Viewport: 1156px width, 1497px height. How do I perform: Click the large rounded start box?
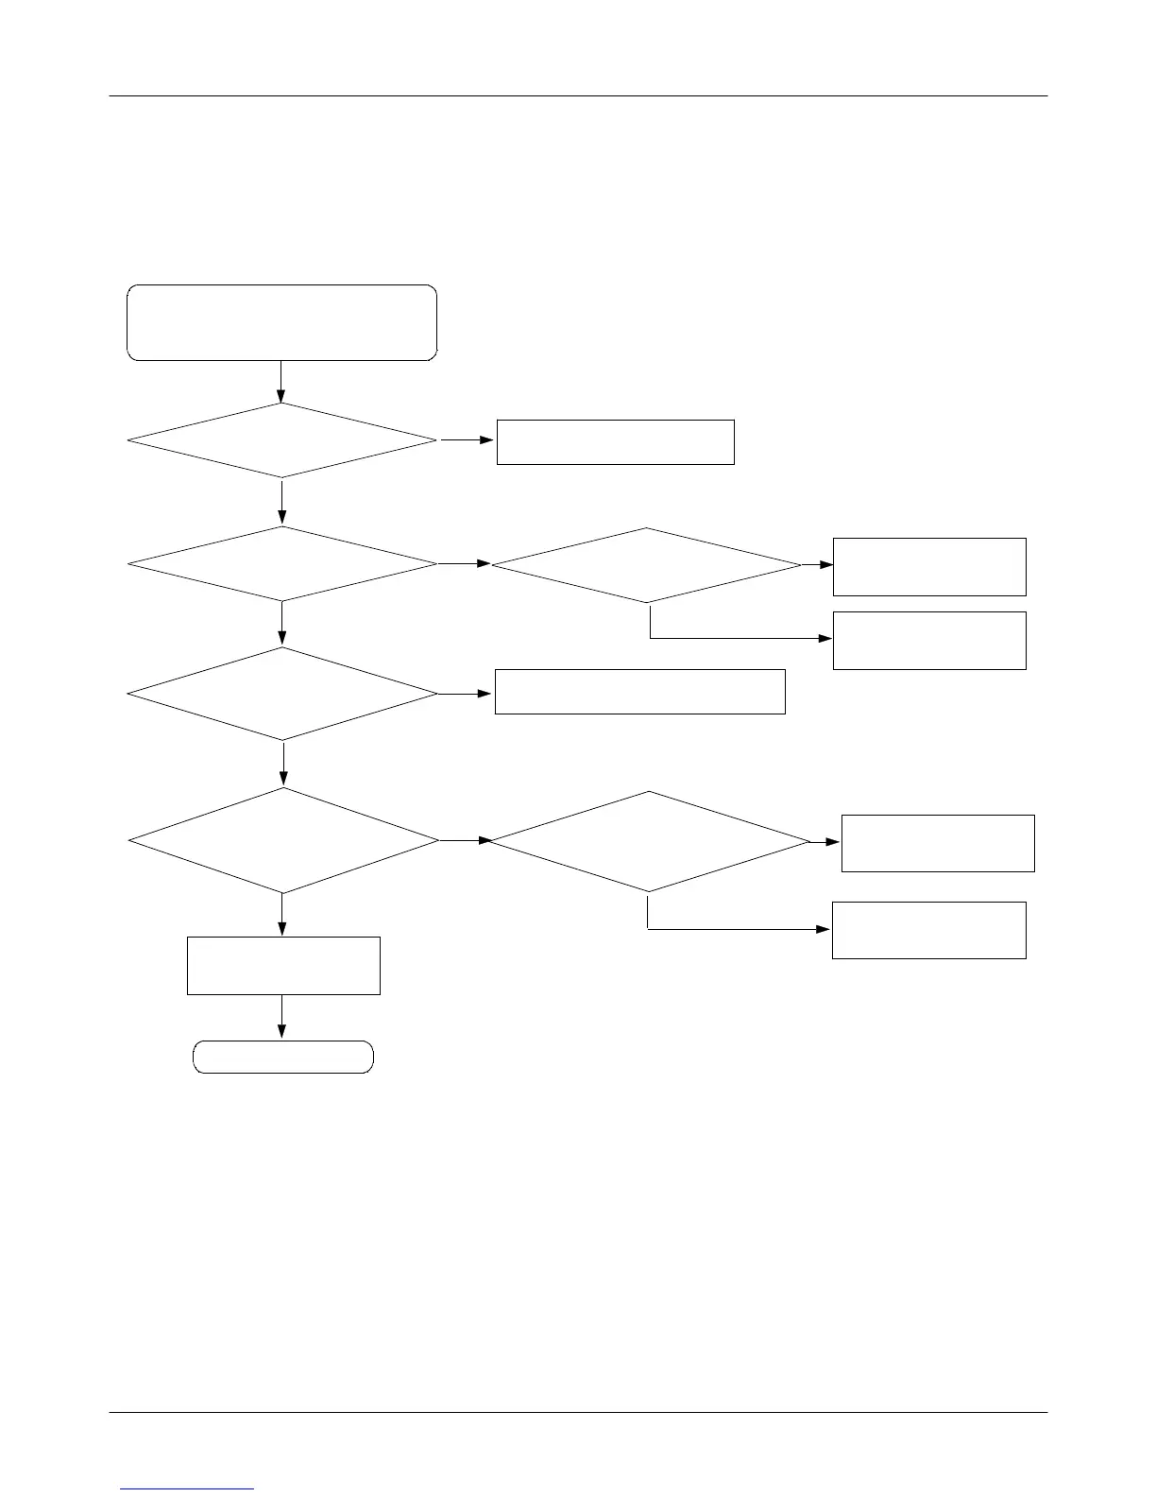pos(281,322)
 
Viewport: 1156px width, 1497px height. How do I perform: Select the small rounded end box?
pos(282,1057)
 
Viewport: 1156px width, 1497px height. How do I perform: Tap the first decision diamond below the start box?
pos(281,440)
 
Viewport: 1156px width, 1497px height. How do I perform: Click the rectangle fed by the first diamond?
pos(615,442)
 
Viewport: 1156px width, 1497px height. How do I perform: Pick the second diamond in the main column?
pos(281,563)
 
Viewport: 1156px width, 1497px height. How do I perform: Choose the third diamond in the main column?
pos(281,694)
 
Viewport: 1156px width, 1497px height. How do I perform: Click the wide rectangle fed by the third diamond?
pos(639,692)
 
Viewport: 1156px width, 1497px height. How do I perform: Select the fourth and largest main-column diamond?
pos(282,840)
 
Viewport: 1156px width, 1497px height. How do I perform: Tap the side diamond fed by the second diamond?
pos(646,565)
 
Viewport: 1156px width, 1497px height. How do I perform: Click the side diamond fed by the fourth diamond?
pos(649,841)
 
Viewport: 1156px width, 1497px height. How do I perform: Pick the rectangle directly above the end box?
pos(283,965)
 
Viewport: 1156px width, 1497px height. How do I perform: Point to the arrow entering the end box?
pos(281,1018)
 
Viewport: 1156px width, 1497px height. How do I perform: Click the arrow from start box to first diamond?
pos(281,382)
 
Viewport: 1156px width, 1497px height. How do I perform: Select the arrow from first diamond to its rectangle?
pos(467,440)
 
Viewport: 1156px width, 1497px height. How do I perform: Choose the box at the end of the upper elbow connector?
pos(929,641)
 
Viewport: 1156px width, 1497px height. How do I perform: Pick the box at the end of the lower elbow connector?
pos(928,930)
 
